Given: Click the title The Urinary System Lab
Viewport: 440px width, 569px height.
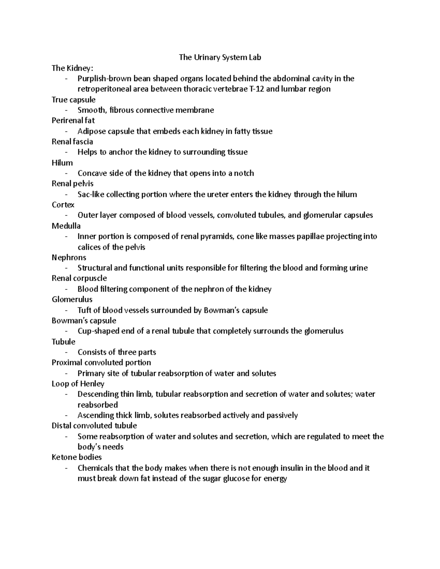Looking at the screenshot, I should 220,57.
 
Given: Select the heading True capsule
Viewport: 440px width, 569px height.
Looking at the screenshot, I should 73,100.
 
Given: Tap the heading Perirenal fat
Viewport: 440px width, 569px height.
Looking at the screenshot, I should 73,120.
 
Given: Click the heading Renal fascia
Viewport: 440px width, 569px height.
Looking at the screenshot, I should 72,141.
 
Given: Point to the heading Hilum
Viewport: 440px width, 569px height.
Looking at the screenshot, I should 62,163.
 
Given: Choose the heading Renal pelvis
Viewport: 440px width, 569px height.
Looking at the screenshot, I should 73,184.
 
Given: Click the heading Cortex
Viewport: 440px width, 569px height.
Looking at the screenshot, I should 63,205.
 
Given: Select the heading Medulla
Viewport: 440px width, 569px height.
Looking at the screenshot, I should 66,226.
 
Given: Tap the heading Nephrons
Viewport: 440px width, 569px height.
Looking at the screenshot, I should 69,258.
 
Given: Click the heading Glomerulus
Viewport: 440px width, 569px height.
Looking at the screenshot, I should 72,299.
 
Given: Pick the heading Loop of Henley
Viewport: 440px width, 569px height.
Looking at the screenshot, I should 78,384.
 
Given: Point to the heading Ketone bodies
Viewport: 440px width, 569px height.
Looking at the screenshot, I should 77,457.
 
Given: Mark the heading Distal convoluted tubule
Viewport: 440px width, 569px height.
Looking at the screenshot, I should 94,426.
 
